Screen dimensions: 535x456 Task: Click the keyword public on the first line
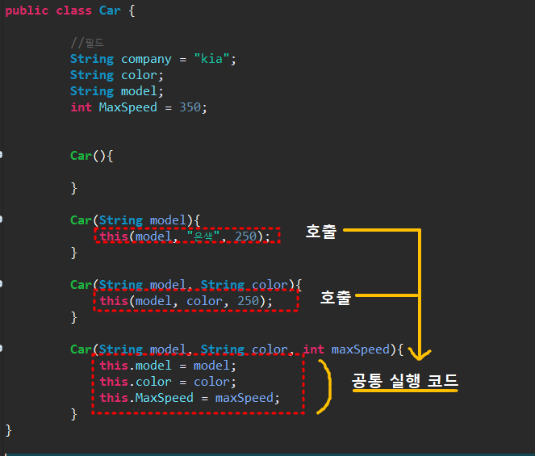click(x=26, y=10)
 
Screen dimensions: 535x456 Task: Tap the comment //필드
click(x=87, y=43)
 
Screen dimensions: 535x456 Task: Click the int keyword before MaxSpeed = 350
click(x=81, y=107)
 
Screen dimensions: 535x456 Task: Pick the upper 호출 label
click(x=321, y=232)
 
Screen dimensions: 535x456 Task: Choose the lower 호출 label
click(x=336, y=298)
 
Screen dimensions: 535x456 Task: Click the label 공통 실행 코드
click(x=405, y=381)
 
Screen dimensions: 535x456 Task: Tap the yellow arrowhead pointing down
click(x=420, y=353)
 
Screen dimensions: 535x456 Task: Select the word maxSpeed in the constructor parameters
click(x=359, y=349)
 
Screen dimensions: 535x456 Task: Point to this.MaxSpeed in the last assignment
click(x=146, y=398)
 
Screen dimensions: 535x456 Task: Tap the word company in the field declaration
click(x=146, y=59)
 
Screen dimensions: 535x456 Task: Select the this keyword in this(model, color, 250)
click(x=114, y=301)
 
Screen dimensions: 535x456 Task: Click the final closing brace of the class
click(x=9, y=429)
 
